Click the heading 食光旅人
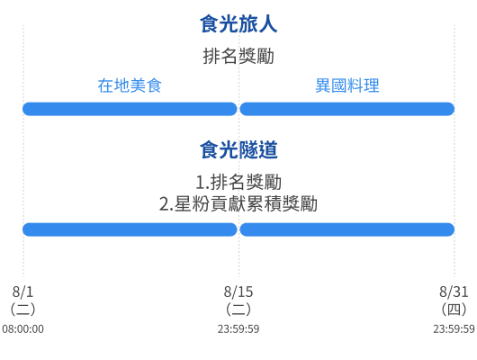(x=238, y=24)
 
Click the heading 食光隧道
(x=238, y=149)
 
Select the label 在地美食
(x=130, y=85)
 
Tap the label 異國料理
(x=347, y=85)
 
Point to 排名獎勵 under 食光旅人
(x=238, y=56)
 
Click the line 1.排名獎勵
(x=238, y=182)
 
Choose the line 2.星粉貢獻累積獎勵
(x=238, y=203)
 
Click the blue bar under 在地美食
(x=130, y=109)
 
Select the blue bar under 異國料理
(x=347, y=109)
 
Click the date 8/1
(x=22, y=292)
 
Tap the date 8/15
(x=238, y=292)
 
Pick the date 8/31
(x=454, y=292)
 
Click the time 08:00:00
(x=22, y=329)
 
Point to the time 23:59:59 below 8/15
(x=238, y=329)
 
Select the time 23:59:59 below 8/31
(x=454, y=329)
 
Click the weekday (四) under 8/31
(x=454, y=310)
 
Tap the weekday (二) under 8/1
(x=22, y=310)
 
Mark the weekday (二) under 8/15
(x=238, y=310)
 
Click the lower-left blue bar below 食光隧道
(x=130, y=229)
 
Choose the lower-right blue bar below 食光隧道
(x=347, y=229)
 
